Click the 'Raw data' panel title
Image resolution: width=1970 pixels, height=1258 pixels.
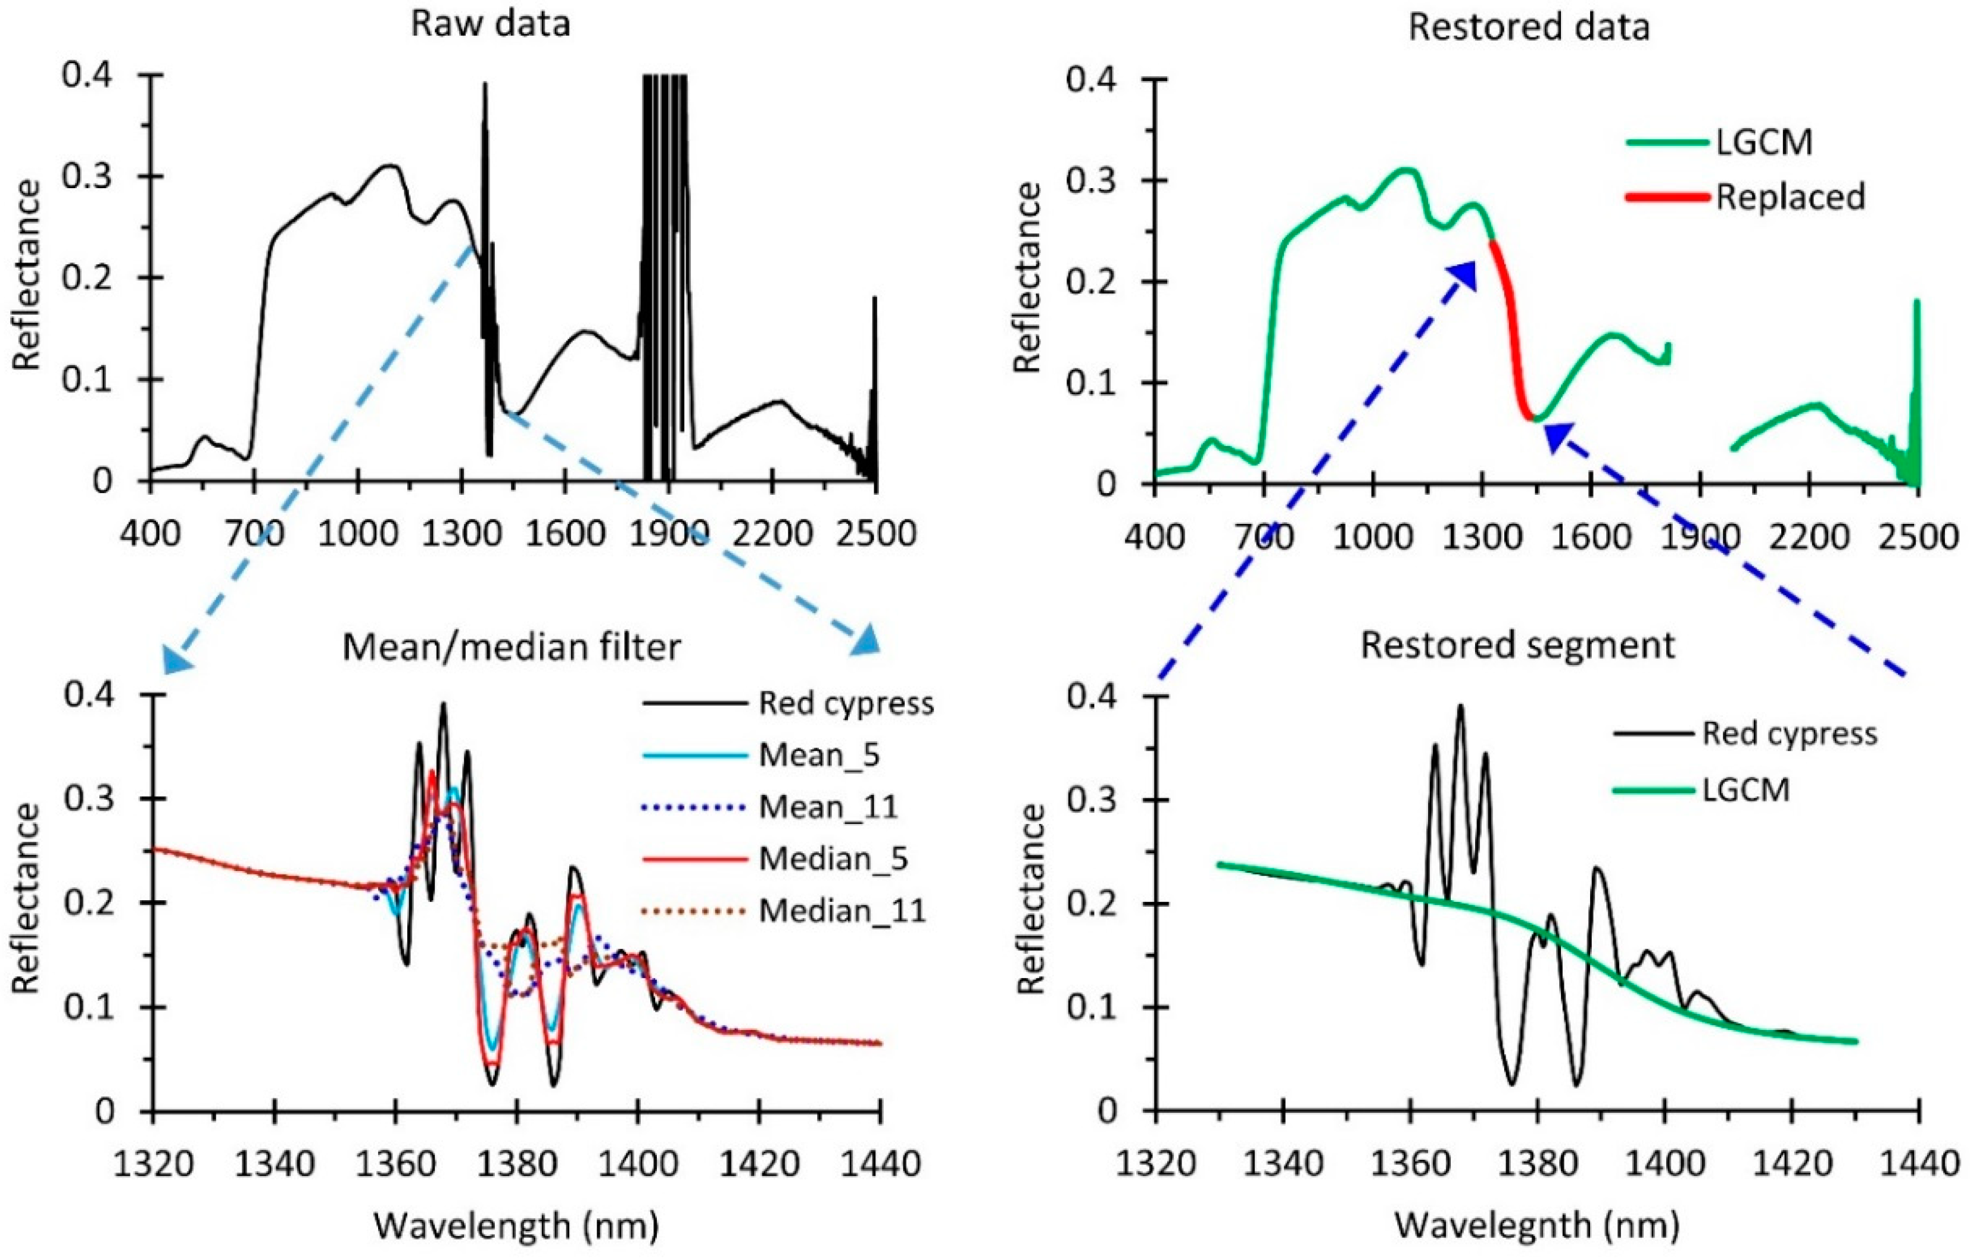(x=490, y=24)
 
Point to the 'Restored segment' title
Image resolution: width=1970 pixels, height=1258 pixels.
(x=1517, y=645)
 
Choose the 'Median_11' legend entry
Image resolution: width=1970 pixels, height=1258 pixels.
(x=842, y=910)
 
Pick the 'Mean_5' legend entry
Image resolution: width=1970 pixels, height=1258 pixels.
(x=819, y=755)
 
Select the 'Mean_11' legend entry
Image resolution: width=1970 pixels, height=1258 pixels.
(x=828, y=807)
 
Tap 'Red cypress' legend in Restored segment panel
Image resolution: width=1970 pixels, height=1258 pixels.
(x=1789, y=733)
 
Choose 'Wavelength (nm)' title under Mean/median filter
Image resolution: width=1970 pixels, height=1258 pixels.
(x=516, y=1225)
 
